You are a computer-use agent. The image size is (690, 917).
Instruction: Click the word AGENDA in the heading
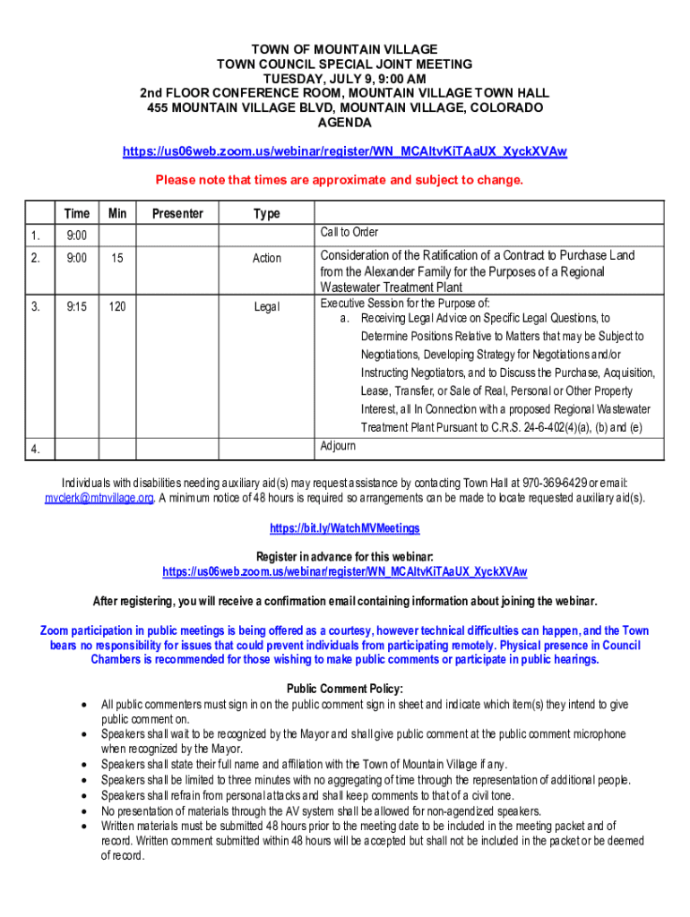(x=344, y=123)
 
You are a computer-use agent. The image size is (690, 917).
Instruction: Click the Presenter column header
(x=177, y=213)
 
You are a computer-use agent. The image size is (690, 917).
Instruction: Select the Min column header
(x=117, y=213)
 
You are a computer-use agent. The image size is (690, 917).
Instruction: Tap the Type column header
(x=266, y=213)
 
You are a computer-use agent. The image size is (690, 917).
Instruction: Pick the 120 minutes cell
(x=117, y=306)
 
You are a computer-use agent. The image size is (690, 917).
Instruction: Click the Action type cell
(x=266, y=258)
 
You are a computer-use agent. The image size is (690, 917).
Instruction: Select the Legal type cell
(x=266, y=307)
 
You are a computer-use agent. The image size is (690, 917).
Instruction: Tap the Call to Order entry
(x=349, y=232)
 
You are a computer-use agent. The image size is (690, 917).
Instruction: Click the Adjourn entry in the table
(x=338, y=445)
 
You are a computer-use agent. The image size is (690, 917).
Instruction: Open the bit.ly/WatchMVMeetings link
(x=344, y=528)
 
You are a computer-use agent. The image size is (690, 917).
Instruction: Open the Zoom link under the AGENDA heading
(x=344, y=152)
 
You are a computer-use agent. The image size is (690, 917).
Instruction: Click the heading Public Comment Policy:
(x=344, y=689)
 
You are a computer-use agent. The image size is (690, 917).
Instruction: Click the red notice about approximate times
(x=339, y=180)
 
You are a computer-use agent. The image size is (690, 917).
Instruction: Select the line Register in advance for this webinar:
(x=344, y=557)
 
